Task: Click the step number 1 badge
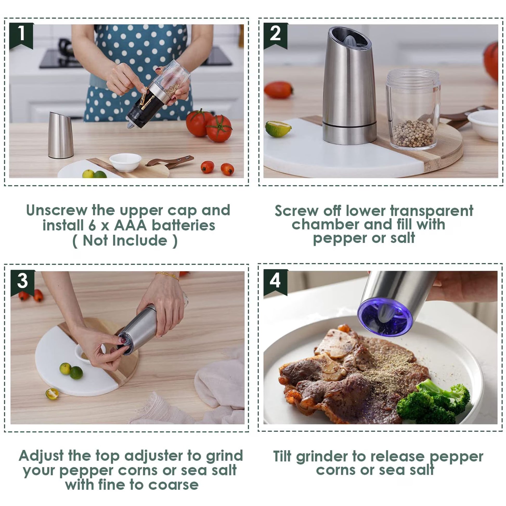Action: [x=21, y=35]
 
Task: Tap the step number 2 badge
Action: [x=275, y=35]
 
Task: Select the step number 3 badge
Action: [x=23, y=283]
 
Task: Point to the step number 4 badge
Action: [x=275, y=282]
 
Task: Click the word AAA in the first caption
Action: [x=131, y=225]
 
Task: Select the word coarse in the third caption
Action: [x=173, y=485]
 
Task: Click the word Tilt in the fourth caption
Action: [x=282, y=456]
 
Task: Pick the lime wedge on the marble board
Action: [x=278, y=129]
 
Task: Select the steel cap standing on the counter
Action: [x=60, y=135]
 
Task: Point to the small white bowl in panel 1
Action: [x=125, y=162]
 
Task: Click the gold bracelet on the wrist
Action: [x=168, y=276]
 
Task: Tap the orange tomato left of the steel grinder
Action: [x=278, y=90]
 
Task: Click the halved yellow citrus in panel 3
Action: [x=52, y=394]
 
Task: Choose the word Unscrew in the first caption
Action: [x=57, y=210]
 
